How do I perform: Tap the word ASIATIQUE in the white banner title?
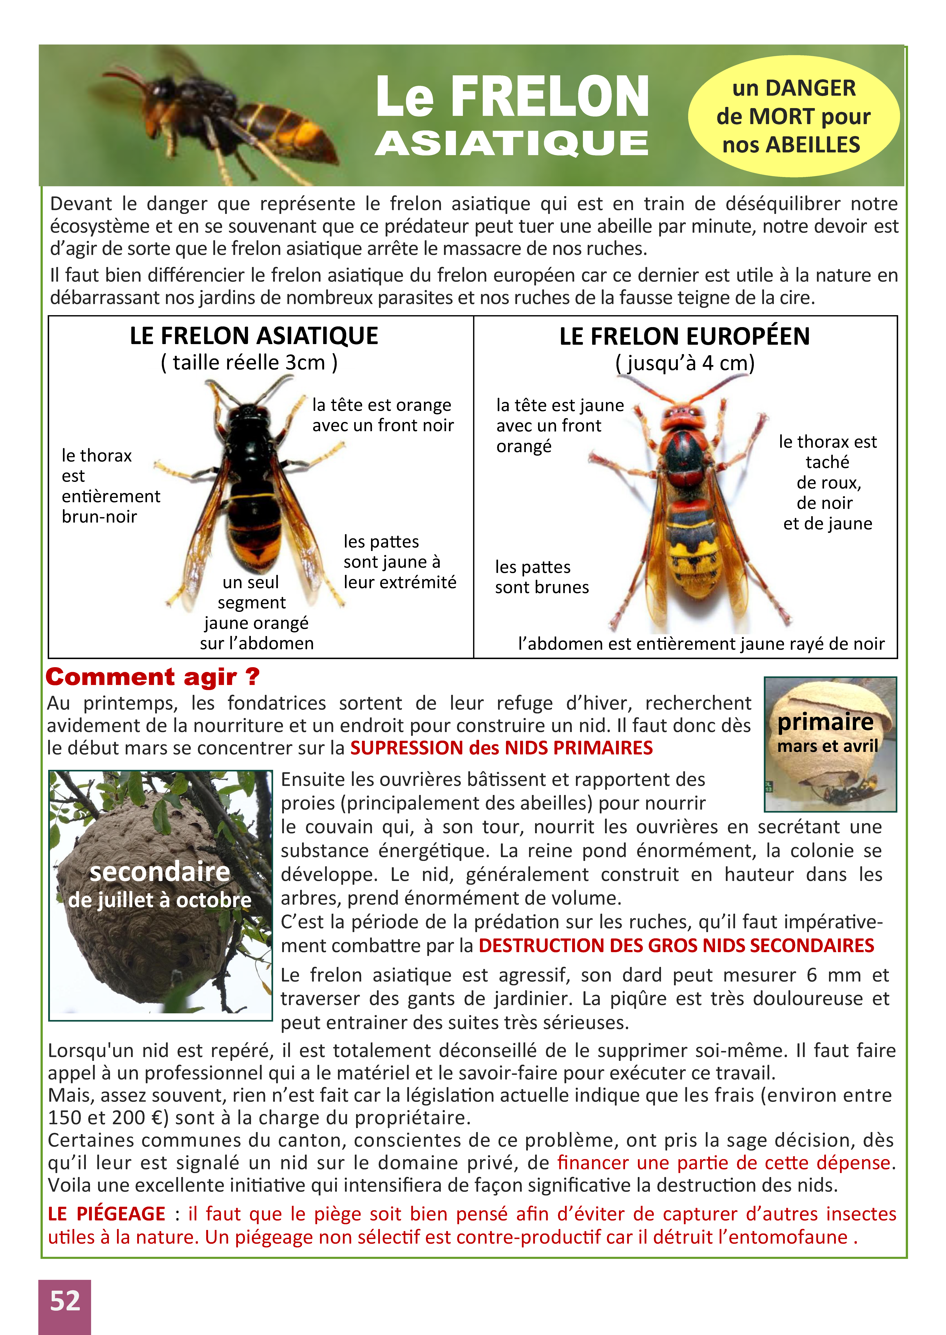coord(511,143)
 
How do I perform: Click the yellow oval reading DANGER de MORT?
coord(793,116)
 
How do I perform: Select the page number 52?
coord(65,1301)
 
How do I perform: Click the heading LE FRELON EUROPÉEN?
coord(685,336)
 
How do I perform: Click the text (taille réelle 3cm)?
coord(249,363)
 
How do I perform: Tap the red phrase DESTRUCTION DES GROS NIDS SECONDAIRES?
coord(676,945)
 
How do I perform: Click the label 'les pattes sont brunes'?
coord(542,577)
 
